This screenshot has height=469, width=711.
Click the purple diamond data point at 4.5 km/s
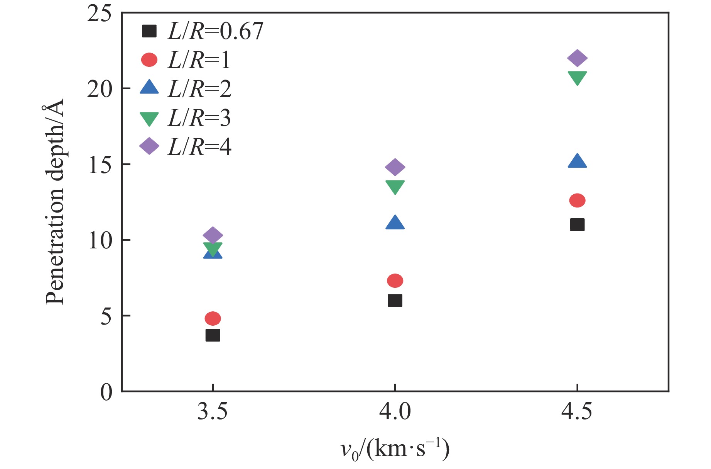pos(577,58)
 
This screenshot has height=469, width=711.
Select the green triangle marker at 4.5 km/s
pos(577,77)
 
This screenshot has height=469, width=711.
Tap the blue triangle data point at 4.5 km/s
pos(577,161)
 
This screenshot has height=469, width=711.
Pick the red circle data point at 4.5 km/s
pos(577,201)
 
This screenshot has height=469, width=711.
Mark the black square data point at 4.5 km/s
pos(577,224)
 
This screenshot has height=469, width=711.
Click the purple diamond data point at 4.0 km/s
pos(395,167)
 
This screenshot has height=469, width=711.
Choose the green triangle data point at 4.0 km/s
pos(395,187)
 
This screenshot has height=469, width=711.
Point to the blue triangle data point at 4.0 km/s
pos(395,223)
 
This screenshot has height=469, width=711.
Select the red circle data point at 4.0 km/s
pos(395,281)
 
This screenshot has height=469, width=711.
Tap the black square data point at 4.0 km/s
pos(395,300)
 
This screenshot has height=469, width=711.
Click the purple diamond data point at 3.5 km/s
pos(213,235)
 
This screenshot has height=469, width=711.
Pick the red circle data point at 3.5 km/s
pos(213,318)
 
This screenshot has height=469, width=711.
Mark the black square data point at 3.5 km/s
pos(213,335)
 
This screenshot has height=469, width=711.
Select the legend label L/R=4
pos(199,147)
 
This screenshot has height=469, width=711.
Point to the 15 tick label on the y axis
pos(100,165)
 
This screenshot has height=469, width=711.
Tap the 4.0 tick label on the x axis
pos(395,412)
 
